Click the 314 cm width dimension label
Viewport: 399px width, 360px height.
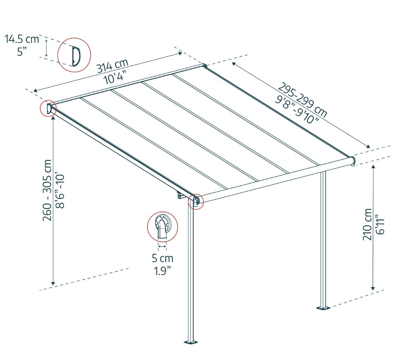112,65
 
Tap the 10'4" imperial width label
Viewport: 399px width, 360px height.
115,77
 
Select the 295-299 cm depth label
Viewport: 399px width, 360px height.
302,100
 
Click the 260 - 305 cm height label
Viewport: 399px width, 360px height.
47,190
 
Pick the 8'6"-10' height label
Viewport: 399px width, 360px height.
60,191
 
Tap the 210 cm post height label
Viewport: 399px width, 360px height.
367,224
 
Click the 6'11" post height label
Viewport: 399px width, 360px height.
380,225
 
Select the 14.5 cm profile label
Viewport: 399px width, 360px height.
22,39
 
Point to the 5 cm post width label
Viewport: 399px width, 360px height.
163,258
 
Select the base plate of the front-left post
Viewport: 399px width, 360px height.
191,342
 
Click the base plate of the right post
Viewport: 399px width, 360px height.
323,308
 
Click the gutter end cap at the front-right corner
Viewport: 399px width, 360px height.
353,160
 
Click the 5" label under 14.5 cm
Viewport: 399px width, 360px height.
22,52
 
